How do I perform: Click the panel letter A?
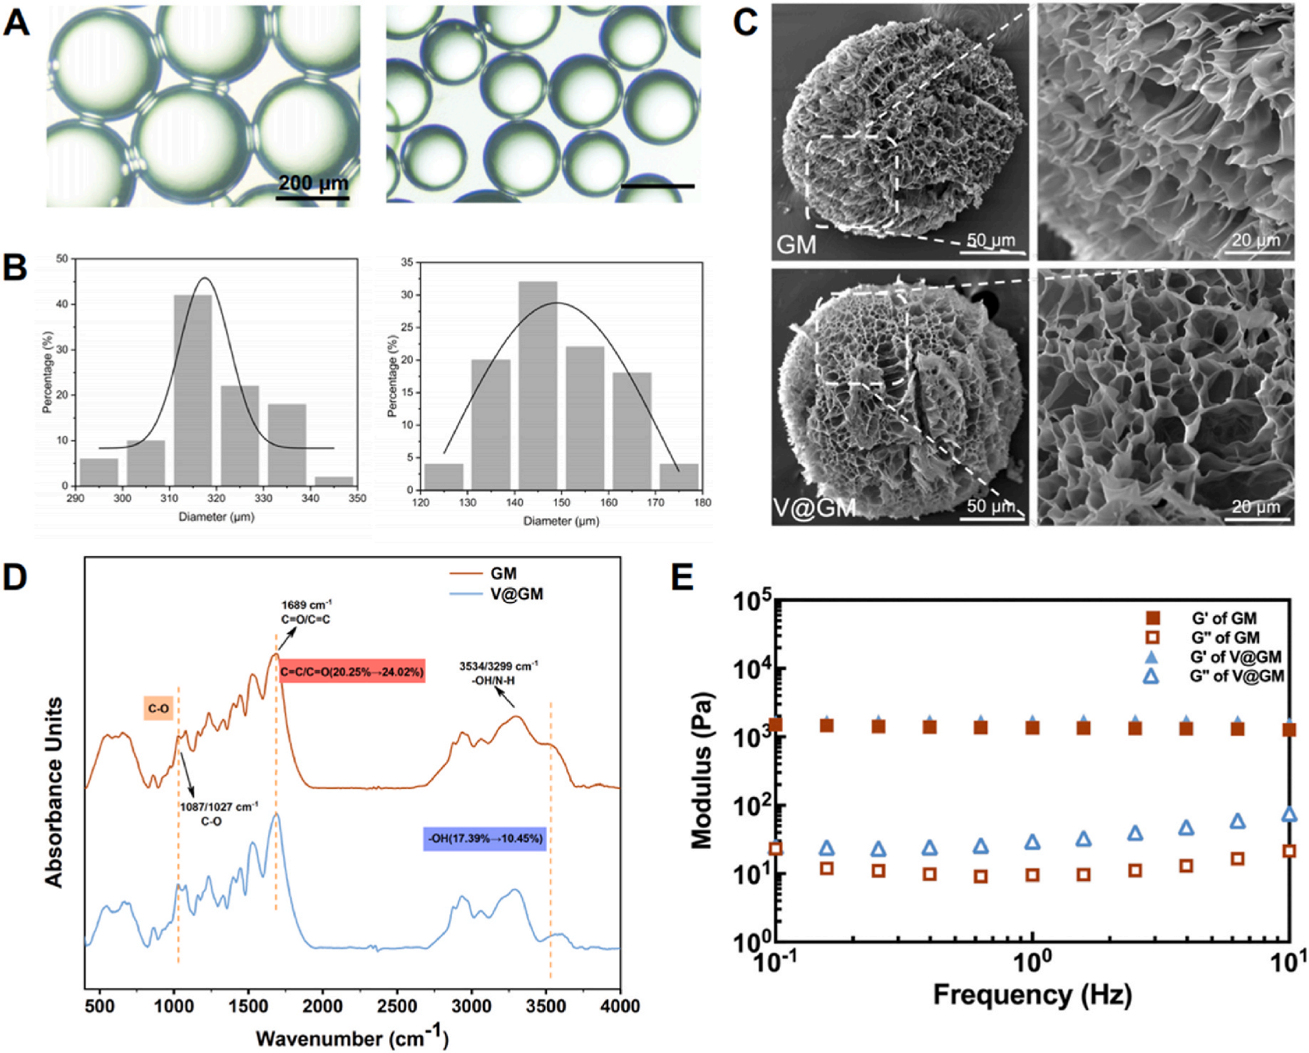(x=17, y=23)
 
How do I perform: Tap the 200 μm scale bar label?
(x=313, y=183)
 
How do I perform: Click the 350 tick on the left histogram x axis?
(x=357, y=498)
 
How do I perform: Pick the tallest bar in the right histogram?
(x=538, y=385)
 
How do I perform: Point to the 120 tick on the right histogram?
(x=421, y=503)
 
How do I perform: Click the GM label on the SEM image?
(x=796, y=245)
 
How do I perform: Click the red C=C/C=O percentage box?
(x=351, y=672)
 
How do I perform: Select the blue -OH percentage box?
(x=485, y=838)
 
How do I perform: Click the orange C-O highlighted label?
(x=158, y=709)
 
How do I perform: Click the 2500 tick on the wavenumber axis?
(x=397, y=1006)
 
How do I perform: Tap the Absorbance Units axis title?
(x=54, y=791)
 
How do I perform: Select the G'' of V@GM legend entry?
(x=1236, y=676)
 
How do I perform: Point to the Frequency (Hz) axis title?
(x=1032, y=993)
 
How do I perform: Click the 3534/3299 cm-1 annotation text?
(x=498, y=673)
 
